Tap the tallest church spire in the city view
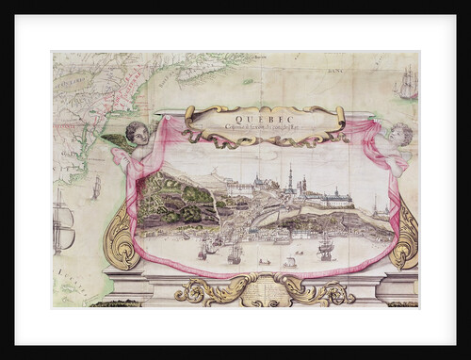click(x=291, y=177)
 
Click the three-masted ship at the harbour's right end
click(x=326, y=247)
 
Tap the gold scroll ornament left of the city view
click(x=122, y=243)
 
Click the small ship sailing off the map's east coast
click(x=96, y=188)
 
